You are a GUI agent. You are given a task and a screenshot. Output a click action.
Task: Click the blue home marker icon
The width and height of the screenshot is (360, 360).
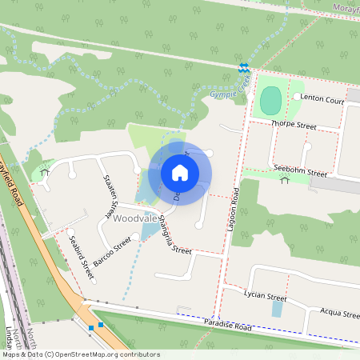click(180, 173)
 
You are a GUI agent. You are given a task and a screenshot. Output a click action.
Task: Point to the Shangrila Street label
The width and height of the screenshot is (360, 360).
click(175, 234)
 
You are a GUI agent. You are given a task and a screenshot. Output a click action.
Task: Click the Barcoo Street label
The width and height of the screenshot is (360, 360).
click(111, 250)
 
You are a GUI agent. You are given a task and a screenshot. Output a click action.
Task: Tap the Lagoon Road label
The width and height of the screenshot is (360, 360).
click(234, 209)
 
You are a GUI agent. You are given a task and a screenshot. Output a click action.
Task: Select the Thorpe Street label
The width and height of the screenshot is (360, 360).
click(294, 126)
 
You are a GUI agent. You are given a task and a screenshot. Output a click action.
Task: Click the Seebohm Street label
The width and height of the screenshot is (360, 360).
click(300, 171)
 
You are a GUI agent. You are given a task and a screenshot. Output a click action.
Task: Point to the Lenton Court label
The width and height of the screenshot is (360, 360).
click(323, 101)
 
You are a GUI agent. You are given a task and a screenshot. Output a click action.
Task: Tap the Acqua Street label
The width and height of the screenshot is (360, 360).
click(339, 314)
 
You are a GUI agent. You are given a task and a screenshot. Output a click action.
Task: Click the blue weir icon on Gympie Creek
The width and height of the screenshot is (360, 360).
click(243, 67)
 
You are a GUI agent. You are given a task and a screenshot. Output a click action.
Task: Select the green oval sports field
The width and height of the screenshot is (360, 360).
click(270, 101)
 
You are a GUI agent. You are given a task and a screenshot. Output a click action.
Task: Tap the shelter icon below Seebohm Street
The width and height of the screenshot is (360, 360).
click(285, 181)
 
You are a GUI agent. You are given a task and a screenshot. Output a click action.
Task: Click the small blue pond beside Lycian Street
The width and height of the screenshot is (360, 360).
click(277, 309)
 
